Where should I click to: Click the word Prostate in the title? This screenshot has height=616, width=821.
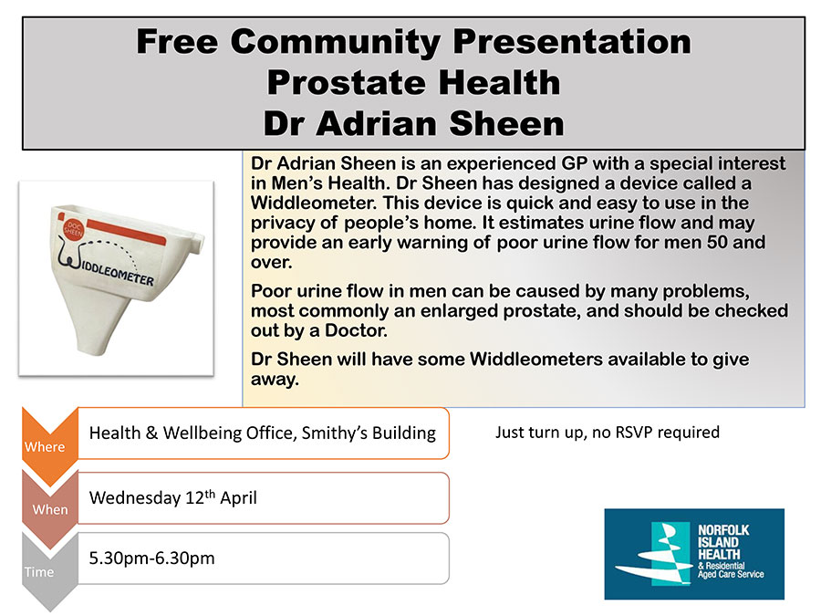click(x=347, y=83)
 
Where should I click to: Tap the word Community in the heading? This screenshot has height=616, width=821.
click(x=336, y=41)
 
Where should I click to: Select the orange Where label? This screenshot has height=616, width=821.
click(x=45, y=447)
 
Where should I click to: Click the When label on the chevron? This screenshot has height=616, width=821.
click(x=50, y=509)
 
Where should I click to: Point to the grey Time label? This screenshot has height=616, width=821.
click(x=38, y=572)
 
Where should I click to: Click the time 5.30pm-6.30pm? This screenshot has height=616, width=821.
click(x=151, y=559)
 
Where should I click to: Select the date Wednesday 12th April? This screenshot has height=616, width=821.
click(x=172, y=497)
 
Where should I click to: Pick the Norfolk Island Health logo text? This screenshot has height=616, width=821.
click(x=731, y=550)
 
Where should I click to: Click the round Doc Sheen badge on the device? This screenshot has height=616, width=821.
click(x=73, y=229)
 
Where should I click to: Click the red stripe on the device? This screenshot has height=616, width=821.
click(x=126, y=232)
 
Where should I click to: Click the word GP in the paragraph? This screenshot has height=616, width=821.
click(x=575, y=163)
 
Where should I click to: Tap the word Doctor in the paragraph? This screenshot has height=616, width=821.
click(x=356, y=330)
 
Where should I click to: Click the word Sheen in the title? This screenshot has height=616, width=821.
click(x=506, y=123)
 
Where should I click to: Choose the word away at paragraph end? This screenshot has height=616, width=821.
click(x=275, y=380)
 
